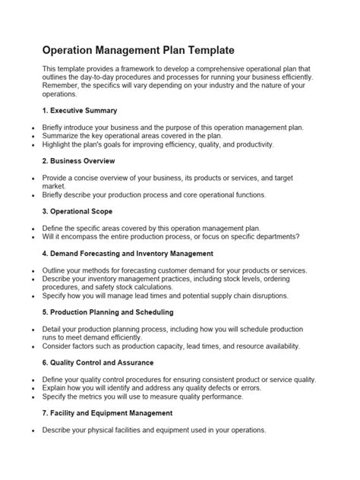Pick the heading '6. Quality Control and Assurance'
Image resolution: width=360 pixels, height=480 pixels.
click(x=109, y=362)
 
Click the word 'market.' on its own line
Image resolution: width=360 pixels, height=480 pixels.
click(x=55, y=185)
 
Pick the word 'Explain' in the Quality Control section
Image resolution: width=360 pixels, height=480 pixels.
click(x=55, y=387)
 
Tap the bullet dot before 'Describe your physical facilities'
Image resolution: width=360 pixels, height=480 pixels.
click(x=33, y=430)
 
